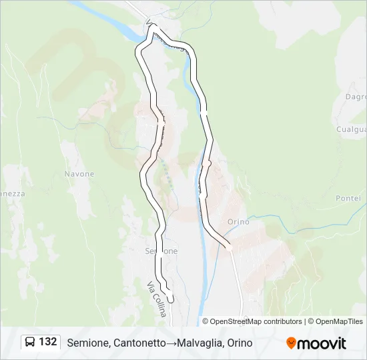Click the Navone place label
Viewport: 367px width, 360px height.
(79, 174)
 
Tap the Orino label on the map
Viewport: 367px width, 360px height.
(238, 222)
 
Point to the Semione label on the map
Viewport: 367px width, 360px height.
(161, 251)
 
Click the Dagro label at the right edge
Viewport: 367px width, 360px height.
(356, 97)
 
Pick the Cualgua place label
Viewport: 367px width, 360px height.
(351, 129)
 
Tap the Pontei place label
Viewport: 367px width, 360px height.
(348, 199)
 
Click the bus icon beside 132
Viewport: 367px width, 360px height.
(30, 342)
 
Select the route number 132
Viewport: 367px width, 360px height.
(47, 342)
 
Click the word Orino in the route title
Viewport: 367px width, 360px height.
(240, 343)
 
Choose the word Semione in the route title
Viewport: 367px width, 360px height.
(88, 343)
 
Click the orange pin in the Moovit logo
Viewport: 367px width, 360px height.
(291, 343)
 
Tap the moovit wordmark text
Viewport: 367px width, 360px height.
(322, 343)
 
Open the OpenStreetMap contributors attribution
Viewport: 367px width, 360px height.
(256, 321)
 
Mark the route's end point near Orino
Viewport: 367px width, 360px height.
(228, 246)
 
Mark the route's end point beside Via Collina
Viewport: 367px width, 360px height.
(171, 300)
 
